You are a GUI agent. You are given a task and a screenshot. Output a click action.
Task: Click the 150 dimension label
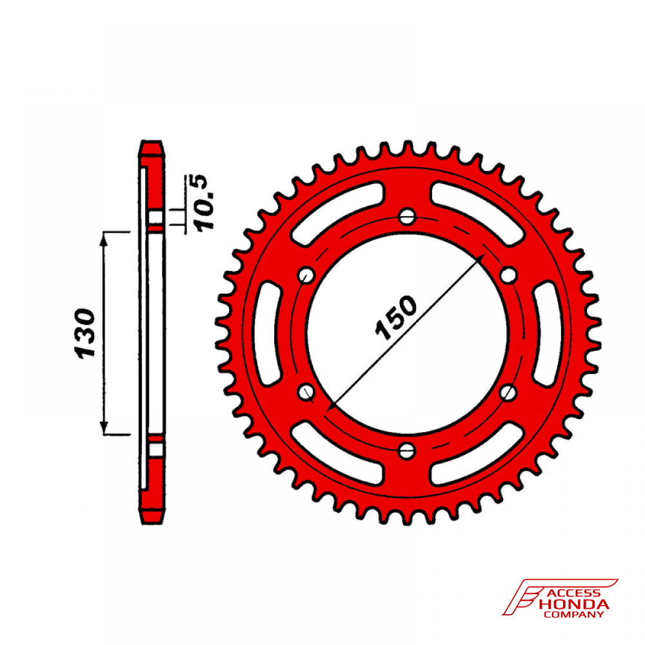(396, 317)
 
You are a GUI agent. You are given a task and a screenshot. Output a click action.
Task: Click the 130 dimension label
(85, 333)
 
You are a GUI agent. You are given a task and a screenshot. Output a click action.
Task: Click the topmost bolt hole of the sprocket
(407, 216)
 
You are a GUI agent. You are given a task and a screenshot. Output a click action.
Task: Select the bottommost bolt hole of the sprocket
(407, 451)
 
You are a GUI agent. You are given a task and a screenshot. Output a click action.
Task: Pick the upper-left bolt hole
(306, 275)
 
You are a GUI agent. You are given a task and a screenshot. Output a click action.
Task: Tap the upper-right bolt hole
(508, 275)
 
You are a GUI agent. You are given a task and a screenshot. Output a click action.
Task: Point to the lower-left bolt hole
(306, 392)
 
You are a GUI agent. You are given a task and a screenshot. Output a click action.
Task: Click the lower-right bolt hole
(508, 392)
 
